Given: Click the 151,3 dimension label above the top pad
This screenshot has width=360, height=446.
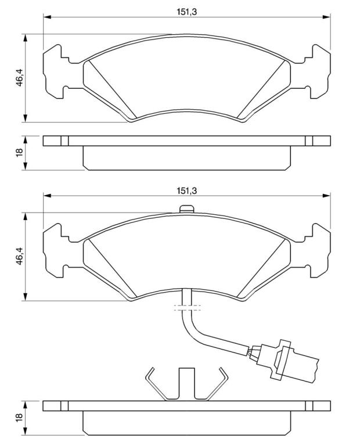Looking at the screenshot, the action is pos(187,12).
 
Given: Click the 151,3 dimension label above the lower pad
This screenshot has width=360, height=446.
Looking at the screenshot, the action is pos(187,190).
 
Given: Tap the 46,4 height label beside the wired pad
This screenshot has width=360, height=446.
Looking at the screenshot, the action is pos(19,256).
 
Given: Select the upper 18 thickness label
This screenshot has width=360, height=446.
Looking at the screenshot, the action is pos(19,153).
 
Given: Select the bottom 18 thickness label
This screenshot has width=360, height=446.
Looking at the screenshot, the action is pos(19,417).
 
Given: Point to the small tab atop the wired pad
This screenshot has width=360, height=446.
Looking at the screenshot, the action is pos(187,209).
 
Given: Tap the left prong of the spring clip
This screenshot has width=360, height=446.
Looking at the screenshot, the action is pos(156,384).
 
